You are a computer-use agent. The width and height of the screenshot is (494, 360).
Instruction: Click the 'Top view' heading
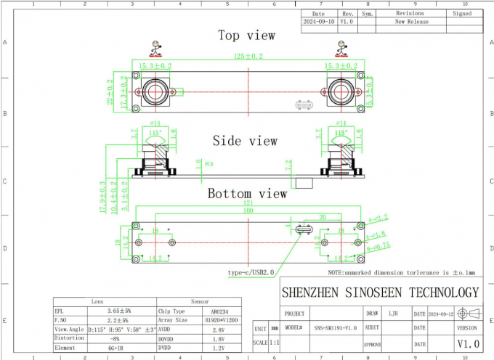point(247,35)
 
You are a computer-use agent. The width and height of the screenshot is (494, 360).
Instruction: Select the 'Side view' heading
point(245,140)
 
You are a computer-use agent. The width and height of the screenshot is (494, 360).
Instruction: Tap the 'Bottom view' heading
point(247,194)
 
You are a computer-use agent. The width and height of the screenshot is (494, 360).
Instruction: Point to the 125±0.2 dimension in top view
point(248,56)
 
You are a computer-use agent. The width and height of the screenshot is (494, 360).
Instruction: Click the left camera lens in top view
point(154,92)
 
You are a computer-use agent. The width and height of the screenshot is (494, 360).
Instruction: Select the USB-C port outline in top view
point(304,106)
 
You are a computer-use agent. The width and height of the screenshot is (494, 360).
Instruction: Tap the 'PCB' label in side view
point(208,164)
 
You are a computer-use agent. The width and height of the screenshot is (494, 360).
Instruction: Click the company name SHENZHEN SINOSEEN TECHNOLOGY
point(380,292)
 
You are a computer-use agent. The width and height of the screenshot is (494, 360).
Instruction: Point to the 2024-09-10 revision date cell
point(319,22)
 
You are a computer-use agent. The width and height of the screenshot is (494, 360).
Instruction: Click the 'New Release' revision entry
point(411,22)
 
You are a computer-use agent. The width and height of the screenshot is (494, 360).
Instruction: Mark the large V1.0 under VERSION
point(467,343)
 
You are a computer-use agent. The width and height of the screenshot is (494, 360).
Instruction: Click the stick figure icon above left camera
point(155,48)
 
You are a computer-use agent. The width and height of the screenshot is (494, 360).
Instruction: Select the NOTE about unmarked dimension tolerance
point(400,273)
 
